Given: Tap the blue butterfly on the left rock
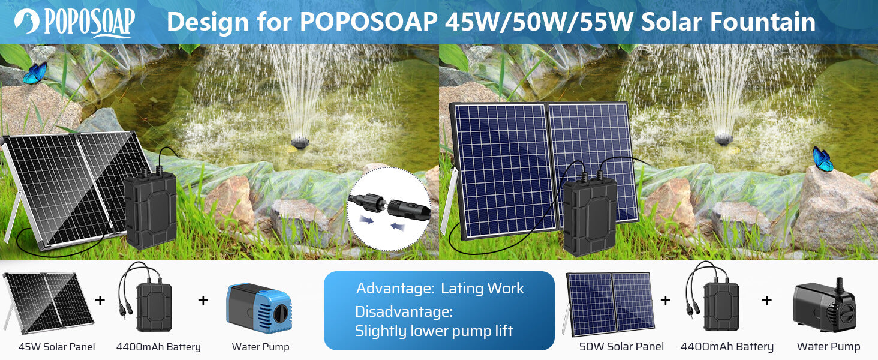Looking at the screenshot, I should (35, 73).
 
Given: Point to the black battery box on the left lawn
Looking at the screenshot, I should (150, 210).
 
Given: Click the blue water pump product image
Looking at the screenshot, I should (258, 306).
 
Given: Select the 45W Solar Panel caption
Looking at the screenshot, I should (56, 347).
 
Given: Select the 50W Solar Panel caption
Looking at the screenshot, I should (621, 347).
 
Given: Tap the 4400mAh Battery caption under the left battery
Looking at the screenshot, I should (158, 347).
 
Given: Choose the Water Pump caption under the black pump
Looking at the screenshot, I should (828, 347).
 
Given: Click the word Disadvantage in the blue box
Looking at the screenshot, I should (403, 312).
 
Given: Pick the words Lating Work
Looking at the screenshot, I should (482, 289).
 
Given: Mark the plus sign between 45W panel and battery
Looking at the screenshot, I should (100, 300).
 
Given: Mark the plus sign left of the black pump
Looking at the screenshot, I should (766, 300).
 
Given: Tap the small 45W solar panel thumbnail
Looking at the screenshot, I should (48, 302).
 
